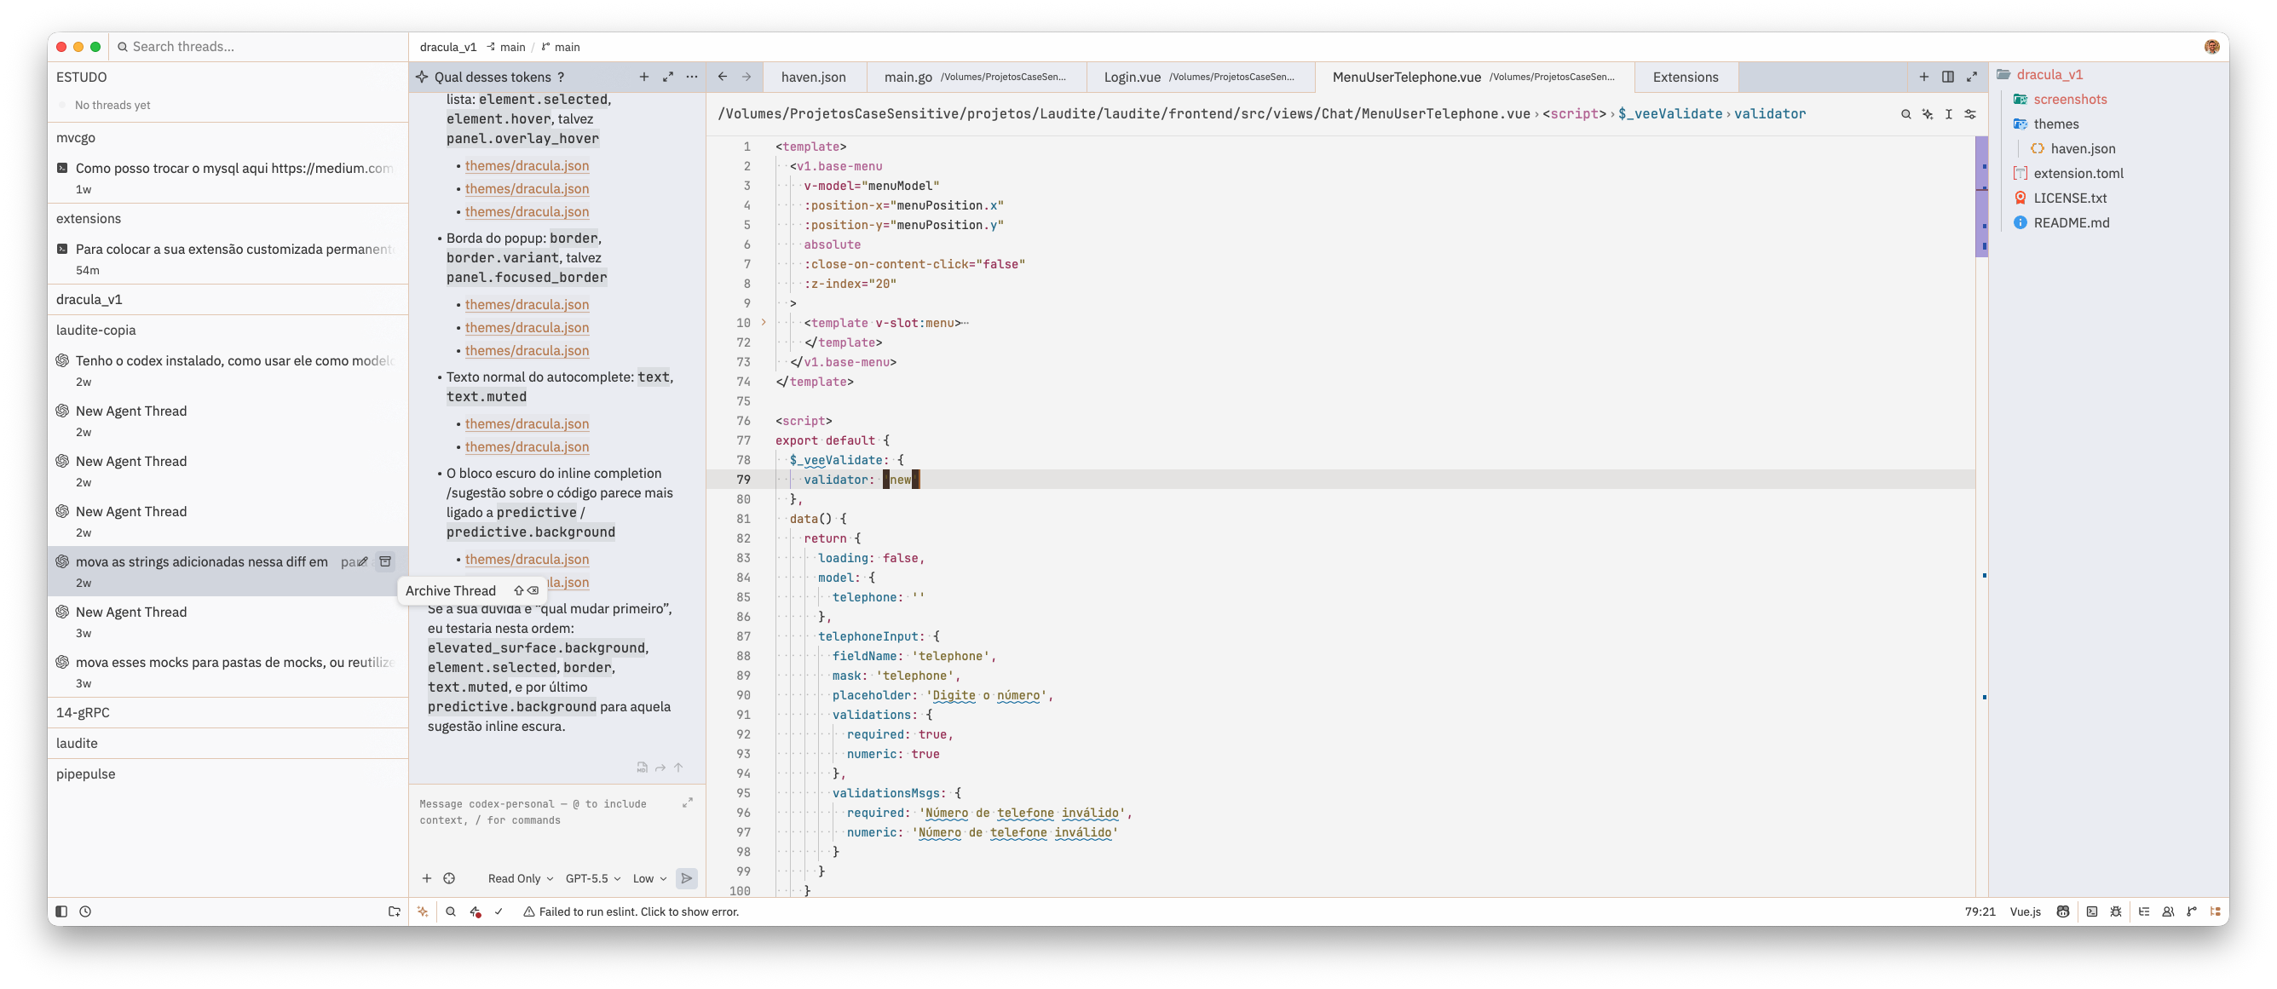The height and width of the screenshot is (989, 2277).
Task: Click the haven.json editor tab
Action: (x=813, y=77)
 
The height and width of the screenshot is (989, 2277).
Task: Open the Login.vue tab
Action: (x=1200, y=77)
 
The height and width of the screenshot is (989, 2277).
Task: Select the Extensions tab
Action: (x=1685, y=77)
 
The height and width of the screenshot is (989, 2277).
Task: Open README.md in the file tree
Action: (x=2071, y=222)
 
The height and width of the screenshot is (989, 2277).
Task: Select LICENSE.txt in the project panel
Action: (x=2069, y=198)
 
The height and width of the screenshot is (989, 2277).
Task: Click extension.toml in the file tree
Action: (x=2078, y=173)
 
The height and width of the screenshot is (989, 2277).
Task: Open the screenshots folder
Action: (x=2069, y=99)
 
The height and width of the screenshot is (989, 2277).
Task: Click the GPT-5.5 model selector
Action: (x=592, y=878)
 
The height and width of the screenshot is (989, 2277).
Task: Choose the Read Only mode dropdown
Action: (x=520, y=878)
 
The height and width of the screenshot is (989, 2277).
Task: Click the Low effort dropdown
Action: (x=649, y=878)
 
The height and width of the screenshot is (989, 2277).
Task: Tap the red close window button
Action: (x=61, y=47)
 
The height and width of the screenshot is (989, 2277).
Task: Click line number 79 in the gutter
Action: (x=742, y=480)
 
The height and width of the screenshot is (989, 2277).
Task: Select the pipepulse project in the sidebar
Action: (x=86, y=774)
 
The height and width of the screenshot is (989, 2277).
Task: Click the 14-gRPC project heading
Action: (x=84, y=712)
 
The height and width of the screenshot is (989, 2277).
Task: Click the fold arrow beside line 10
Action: (x=764, y=323)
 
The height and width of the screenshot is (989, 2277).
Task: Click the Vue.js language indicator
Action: (x=2025, y=912)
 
